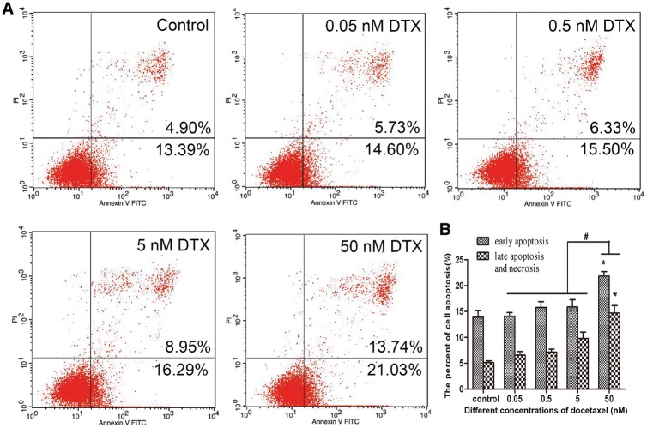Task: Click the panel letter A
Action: pyautogui.click(x=9, y=9)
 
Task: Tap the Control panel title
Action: pyautogui.click(x=184, y=24)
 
